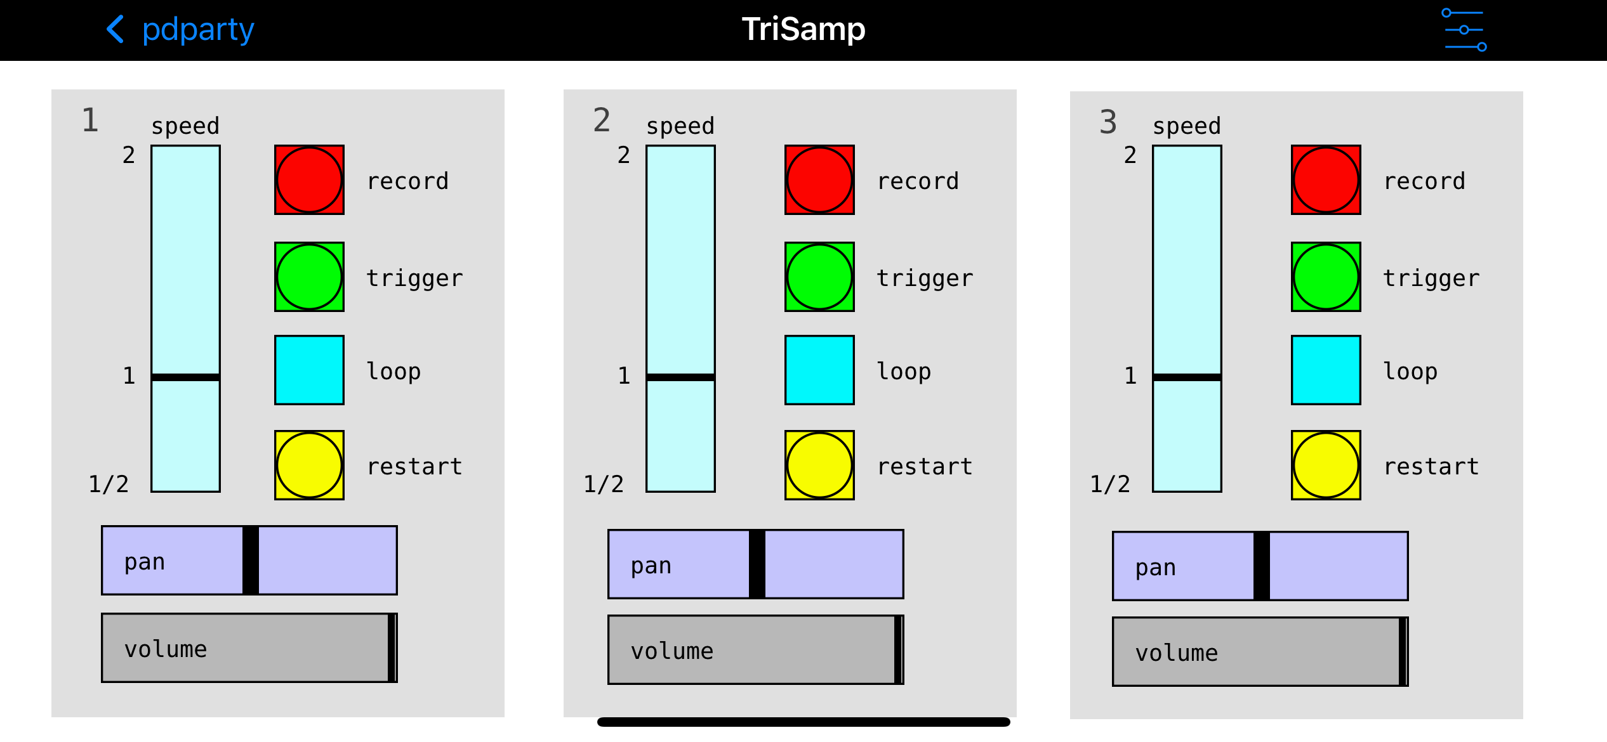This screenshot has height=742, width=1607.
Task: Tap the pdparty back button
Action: pyautogui.click(x=180, y=30)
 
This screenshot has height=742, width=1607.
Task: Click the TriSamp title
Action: pyautogui.click(x=803, y=29)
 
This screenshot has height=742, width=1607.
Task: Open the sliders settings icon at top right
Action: pyautogui.click(x=1464, y=30)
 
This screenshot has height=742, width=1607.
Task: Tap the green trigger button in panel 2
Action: pyautogui.click(x=819, y=277)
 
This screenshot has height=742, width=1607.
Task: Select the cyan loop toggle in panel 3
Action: pyautogui.click(x=1326, y=370)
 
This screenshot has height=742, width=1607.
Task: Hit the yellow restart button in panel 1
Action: pyautogui.click(x=309, y=465)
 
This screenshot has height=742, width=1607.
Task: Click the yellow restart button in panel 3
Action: pyautogui.click(x=1326, y=465)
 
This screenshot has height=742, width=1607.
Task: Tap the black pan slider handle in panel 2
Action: pyautogui.click(x=757, y=564)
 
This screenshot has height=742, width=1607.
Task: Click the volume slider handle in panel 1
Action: pyautogui.click(x=392, y=648)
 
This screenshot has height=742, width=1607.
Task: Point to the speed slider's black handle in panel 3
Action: pyautogui.click(x=1187, y=377)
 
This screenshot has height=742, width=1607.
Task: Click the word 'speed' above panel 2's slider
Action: pyautogui.click(x=680, y=126)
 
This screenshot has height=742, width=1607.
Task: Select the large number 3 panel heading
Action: pyautogui.click(x=1108, y=122)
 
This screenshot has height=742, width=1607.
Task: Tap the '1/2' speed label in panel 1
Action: pyautogui.click(x=109, y=484)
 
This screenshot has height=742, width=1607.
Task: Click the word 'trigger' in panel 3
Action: pyautogui.click(x=1431, y=278)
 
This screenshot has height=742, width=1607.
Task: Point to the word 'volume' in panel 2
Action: pyautogui.click(x=671, y=651)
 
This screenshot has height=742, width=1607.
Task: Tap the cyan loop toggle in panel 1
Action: pyautogui.click(x=309, y=370)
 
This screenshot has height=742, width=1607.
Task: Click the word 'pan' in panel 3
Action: pyautogui.click(x=1155, y=568)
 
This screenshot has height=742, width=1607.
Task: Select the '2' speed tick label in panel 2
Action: pyautogui.click(x=624, y=155)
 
